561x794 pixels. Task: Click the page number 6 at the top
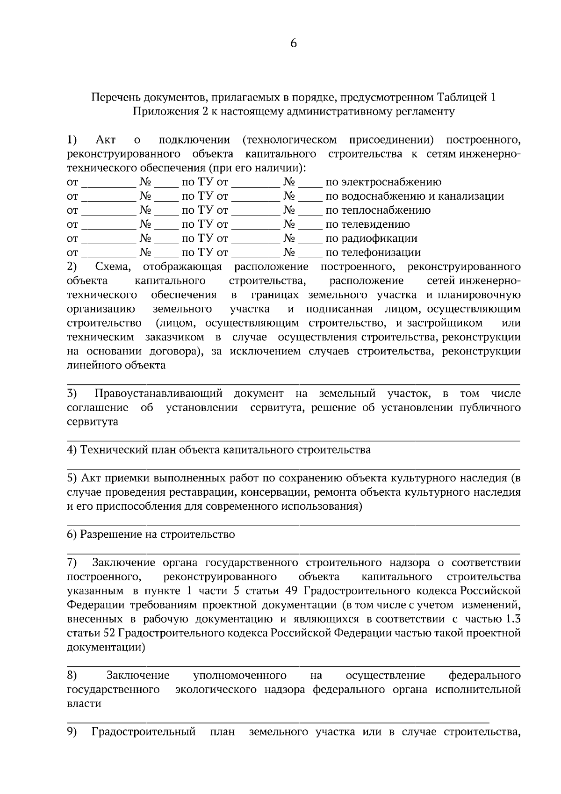[294, 43]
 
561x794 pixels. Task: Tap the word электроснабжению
[383, 182]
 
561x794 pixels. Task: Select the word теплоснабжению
[378, 210]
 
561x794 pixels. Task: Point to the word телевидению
[367, 224]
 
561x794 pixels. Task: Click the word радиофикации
[371, 238]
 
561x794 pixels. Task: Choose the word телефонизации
[373, 253]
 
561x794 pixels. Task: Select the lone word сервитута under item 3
[93, 421]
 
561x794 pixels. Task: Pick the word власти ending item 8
[84, 703]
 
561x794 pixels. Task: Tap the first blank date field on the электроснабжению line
[108, 183]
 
